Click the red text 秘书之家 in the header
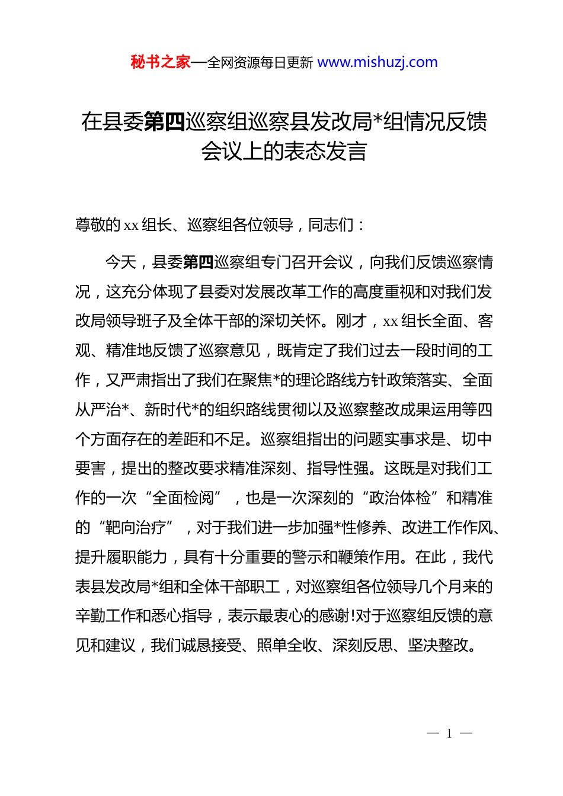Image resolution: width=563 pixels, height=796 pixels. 161,62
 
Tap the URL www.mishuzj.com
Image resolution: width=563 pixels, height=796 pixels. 378,62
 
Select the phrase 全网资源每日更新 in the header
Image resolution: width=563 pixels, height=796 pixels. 260,63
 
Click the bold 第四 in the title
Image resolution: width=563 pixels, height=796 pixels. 164,122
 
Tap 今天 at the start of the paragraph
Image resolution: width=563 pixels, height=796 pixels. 121,262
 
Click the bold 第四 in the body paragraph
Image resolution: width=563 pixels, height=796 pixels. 199,262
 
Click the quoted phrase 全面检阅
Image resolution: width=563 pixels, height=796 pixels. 183,498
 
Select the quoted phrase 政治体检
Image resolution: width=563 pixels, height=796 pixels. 399,498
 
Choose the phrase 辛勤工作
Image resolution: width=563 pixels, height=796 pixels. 106,617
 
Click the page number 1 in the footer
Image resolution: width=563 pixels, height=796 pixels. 449,734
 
